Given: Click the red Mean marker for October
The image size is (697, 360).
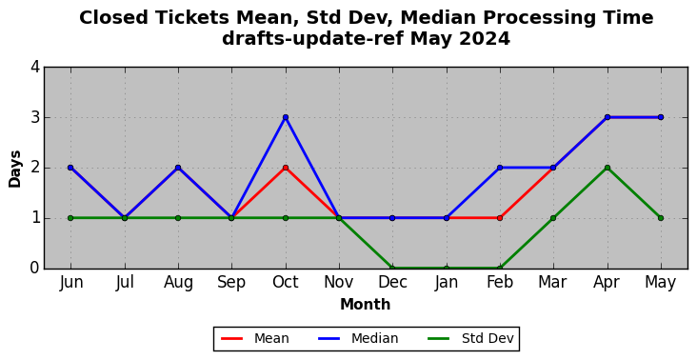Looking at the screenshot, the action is (x=286, y=168).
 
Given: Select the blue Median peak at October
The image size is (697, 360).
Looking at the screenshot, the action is (x=286, y=117).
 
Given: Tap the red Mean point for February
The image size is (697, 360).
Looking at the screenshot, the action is (x=500, y=218).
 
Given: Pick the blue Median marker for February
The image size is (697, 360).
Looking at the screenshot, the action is (x=500, y=168).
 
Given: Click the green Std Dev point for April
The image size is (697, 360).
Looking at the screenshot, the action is (x=607, y=168).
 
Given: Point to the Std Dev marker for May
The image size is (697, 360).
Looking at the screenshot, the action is (x=661, y=218).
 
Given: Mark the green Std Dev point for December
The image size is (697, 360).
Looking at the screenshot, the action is (x=392, y=268).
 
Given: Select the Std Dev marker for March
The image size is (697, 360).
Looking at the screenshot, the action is (x=553, y=218).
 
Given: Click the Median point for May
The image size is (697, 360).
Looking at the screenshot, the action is (x=661, y=117).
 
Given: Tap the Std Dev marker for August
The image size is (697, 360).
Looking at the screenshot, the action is (x=178, y=218).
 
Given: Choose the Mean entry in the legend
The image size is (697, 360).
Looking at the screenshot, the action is (x=255, y=339).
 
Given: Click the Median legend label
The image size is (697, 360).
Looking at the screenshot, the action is (x=375, y=339).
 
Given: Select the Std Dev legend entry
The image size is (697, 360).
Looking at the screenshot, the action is (x=470, y=339).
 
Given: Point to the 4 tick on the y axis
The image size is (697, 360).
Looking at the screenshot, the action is (x=35, y=67).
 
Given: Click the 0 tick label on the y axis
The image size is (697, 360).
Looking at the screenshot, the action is (x=35, y=268).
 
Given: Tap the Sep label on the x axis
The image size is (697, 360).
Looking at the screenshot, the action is (x=231, y=283).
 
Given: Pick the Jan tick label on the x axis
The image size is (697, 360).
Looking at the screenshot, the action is (x=447, y=283).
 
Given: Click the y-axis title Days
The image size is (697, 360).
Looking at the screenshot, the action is (x=14, y=169).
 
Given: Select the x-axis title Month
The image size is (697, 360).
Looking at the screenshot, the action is (x=366, y=305).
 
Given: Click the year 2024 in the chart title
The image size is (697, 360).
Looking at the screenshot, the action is (x=485, y=39).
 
